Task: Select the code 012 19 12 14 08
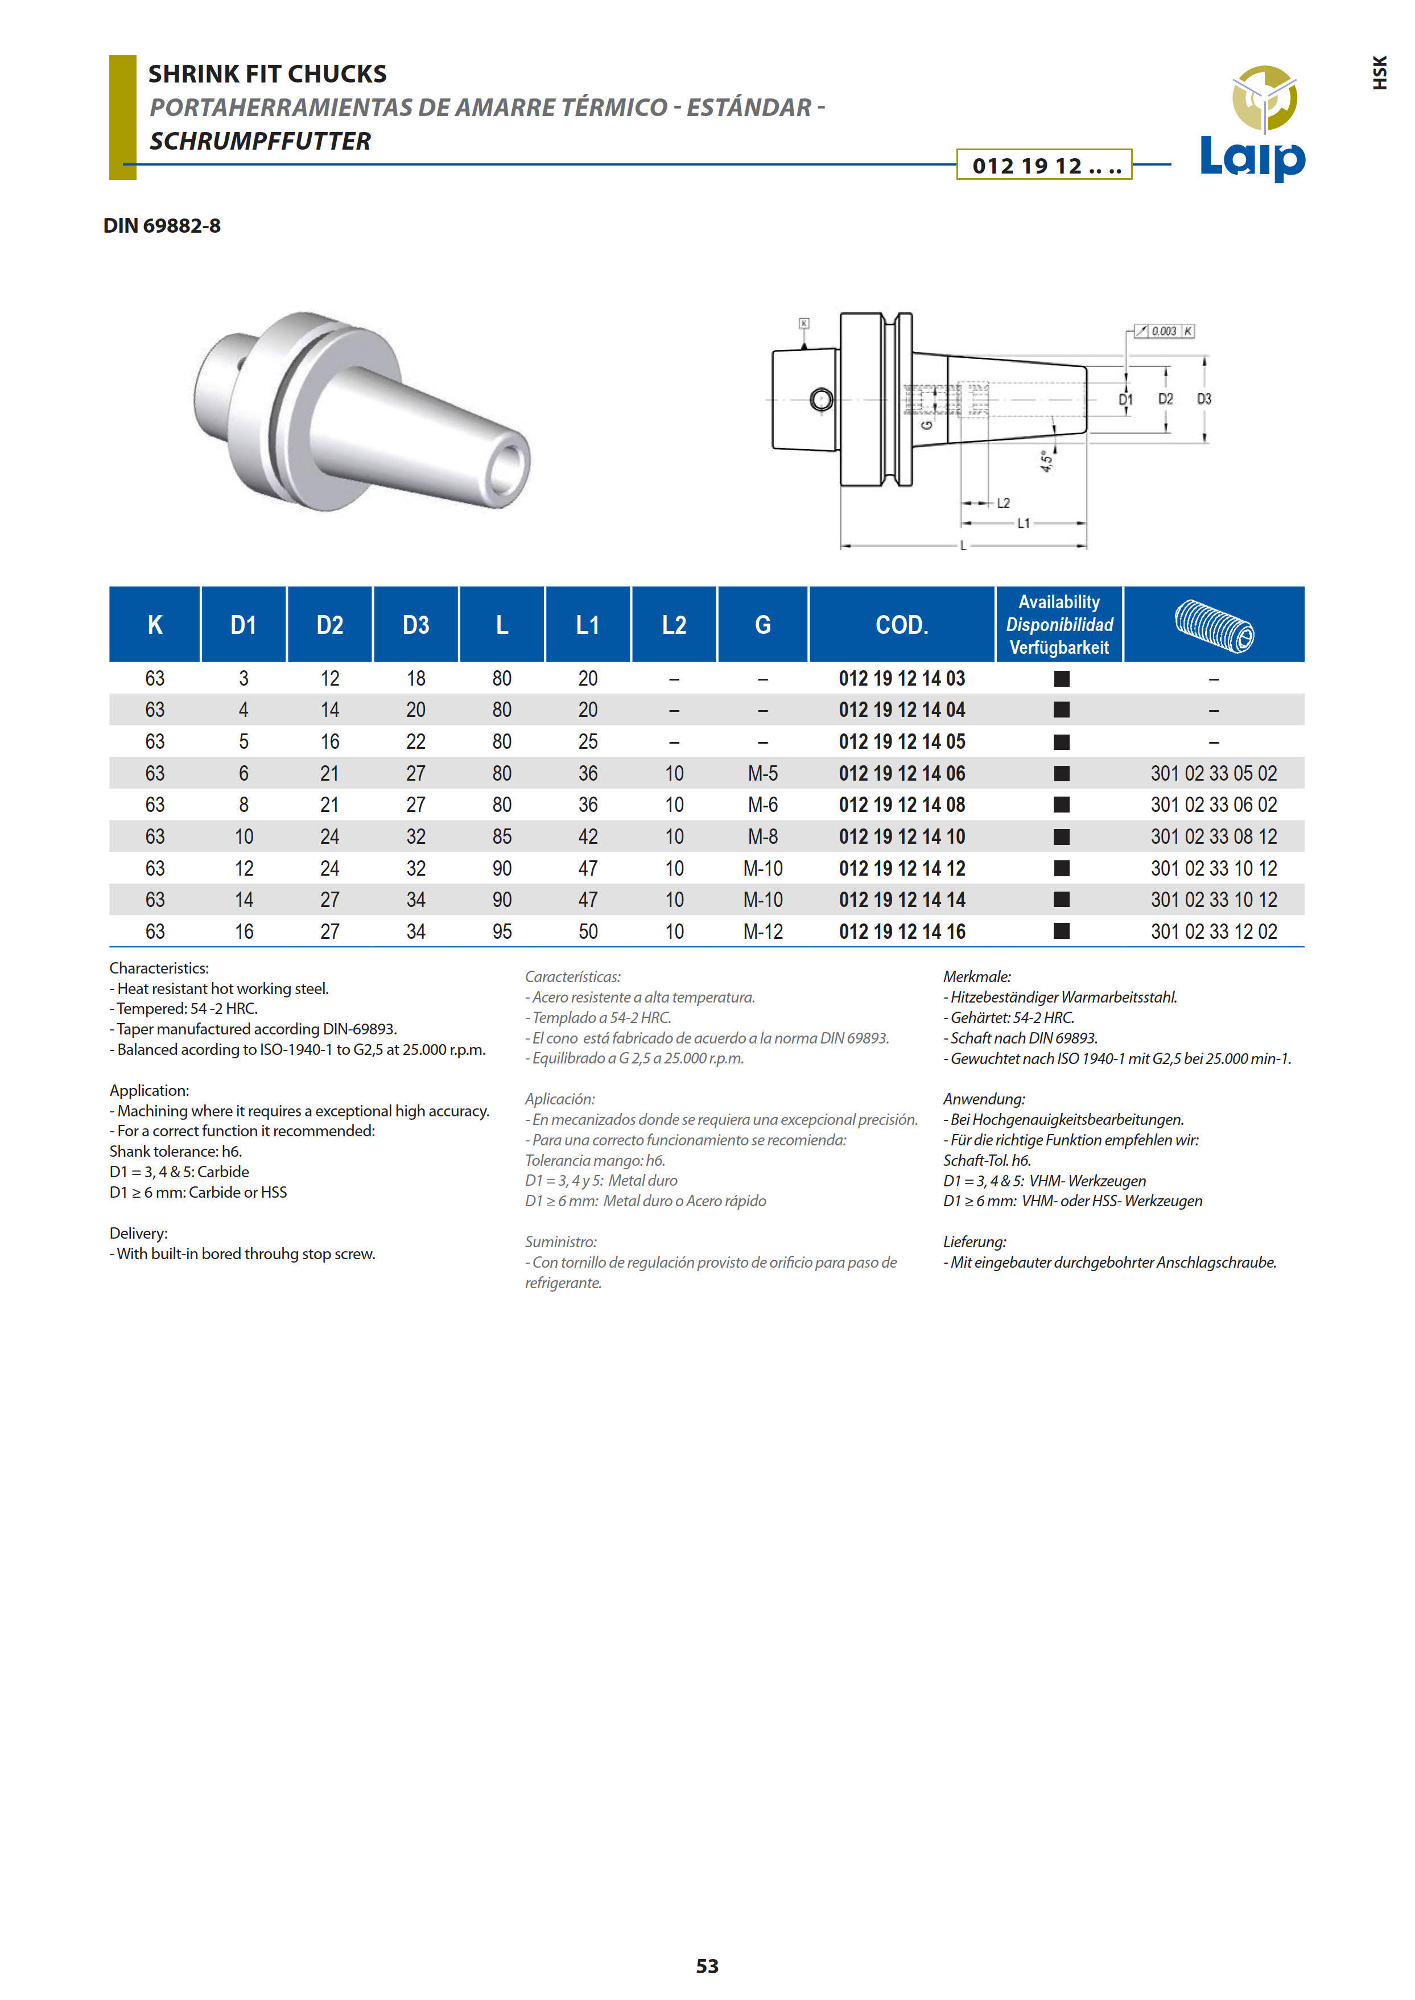coord(902,805)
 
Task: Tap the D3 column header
coord(415,625)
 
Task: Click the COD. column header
coord(902,625)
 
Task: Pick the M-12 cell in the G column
coord(762,931)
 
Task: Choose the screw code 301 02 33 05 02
coord(1213,774)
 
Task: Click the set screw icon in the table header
coord(1214,625)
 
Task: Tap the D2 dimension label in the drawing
coord(1165,399)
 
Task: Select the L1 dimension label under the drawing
coord(1024,523)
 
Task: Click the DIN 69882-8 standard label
coord(162,226)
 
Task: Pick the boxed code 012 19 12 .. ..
coord(1045,166)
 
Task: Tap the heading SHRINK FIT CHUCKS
coord(267,74)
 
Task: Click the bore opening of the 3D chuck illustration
coord(506,470)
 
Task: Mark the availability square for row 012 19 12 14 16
coord(1061,931)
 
